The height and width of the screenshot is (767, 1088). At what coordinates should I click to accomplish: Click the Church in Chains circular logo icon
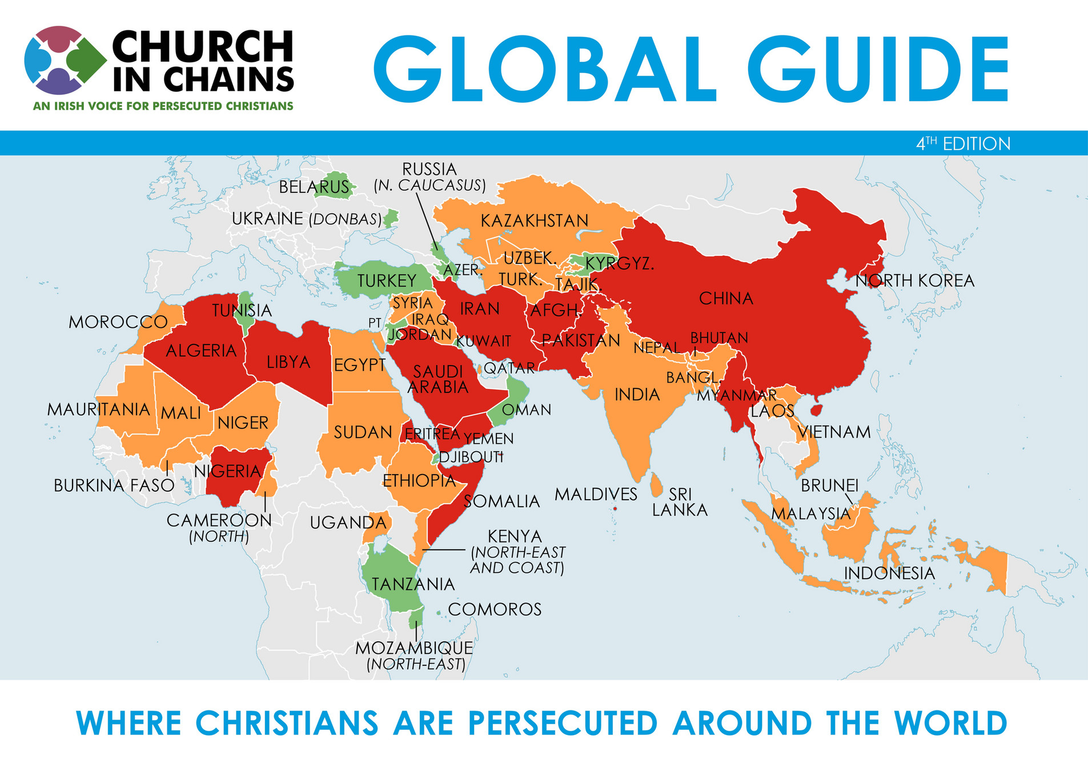click(65, 61)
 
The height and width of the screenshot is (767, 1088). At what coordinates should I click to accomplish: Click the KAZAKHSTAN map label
click(534, 221)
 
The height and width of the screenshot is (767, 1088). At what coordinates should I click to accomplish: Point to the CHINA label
click(726, 298)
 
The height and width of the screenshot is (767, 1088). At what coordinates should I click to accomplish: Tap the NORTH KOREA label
click(914, 281)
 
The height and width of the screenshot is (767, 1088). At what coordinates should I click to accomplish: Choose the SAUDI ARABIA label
click(438, 379)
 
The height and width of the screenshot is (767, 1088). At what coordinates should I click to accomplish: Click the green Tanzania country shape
click(394, 571)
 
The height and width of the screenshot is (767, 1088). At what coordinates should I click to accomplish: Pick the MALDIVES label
click(596, 495)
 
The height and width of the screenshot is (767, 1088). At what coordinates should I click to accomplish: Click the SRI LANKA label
click(680, 502)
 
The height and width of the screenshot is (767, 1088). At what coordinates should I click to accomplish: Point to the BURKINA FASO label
click(114, 485)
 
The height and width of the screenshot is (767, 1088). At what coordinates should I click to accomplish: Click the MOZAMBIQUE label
click(414, 648)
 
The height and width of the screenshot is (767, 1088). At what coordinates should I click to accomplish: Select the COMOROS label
click(495, 609)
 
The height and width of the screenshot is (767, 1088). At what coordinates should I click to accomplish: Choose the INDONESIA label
click(889, 573)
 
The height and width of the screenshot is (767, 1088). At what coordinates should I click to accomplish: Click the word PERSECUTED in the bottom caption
click(562, 723)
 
